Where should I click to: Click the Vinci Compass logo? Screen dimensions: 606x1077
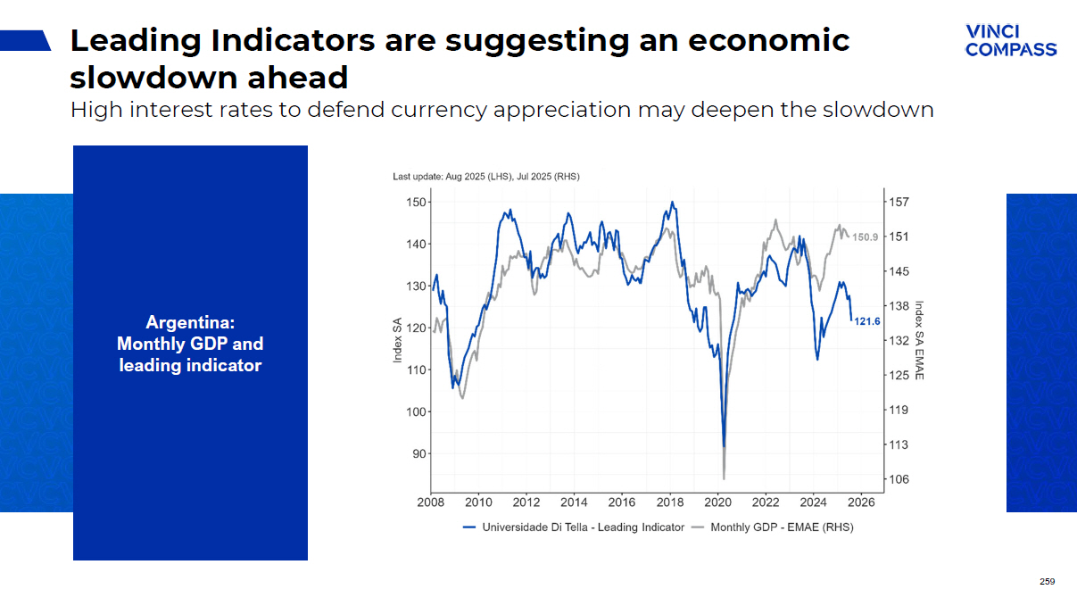pos(1011,41)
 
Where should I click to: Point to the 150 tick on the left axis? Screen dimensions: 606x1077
pos(416,203)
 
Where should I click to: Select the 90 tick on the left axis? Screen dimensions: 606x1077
pos(418,453)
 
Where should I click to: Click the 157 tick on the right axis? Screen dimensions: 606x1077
pos(899,203)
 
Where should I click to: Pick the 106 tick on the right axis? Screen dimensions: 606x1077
pos(899,479)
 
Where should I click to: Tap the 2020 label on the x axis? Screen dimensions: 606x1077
pos(718,502)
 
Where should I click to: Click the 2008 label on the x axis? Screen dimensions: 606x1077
pos(431,502)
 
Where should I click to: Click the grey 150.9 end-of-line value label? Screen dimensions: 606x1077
pos(866,237)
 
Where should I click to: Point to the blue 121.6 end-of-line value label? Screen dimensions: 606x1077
pos(867,321)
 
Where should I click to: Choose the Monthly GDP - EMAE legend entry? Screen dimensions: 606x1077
pos(782,527)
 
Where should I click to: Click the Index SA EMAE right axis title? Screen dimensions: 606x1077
pos(920,340)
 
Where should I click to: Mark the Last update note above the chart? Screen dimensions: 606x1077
pos(486,177)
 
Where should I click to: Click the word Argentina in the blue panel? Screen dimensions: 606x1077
pos(190,322)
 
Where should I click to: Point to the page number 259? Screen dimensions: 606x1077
pos(1047,582)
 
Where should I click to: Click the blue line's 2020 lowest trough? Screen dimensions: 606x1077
pos(724,445)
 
